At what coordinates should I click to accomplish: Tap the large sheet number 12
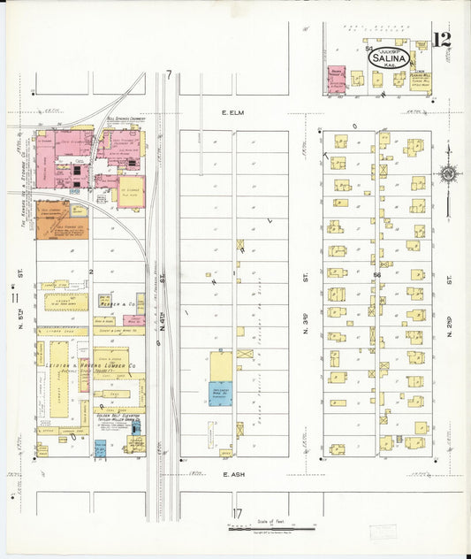(x=441, y=40)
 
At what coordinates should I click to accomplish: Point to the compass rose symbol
(x=450, y=175)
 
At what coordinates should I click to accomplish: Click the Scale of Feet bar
(x=272, y=528)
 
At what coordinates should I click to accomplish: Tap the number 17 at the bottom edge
(x=237, y=514)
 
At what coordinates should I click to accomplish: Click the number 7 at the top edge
(x=168, y=76)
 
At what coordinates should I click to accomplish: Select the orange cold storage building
(x=52, y=219)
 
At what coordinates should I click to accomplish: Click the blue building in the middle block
(x=220, y=394)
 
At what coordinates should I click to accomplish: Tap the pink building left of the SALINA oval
(x=336, y=80)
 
